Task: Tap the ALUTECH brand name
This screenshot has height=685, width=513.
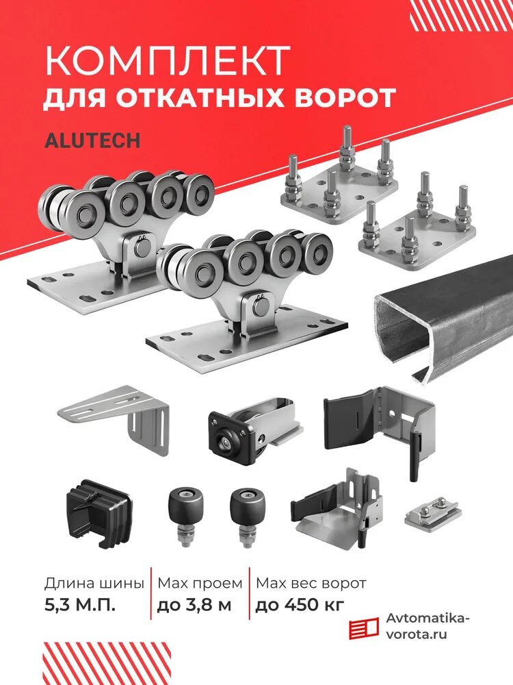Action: [92, 140]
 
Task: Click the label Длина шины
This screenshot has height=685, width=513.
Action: [94, 584]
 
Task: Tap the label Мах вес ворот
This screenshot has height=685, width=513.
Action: [311, 584]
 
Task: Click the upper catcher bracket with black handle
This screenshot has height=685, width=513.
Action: [383, 425]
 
